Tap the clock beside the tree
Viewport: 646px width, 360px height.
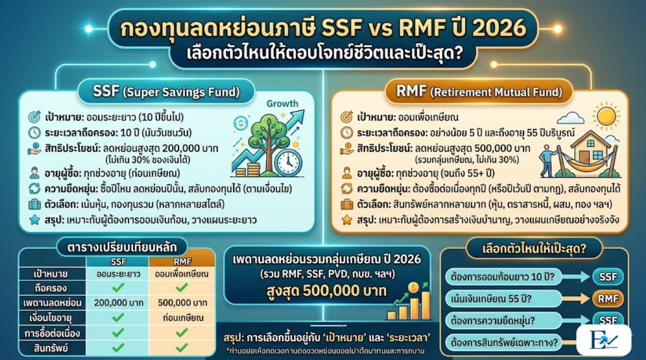click(x=286, y=162)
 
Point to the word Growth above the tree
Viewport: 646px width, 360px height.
click(x=282, y=104)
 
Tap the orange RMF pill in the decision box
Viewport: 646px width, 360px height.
click(x=608, y=298)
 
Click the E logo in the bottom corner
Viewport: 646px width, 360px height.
click(x=603, y=340)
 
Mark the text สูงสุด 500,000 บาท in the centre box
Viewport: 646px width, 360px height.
click(x=327, y=291)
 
